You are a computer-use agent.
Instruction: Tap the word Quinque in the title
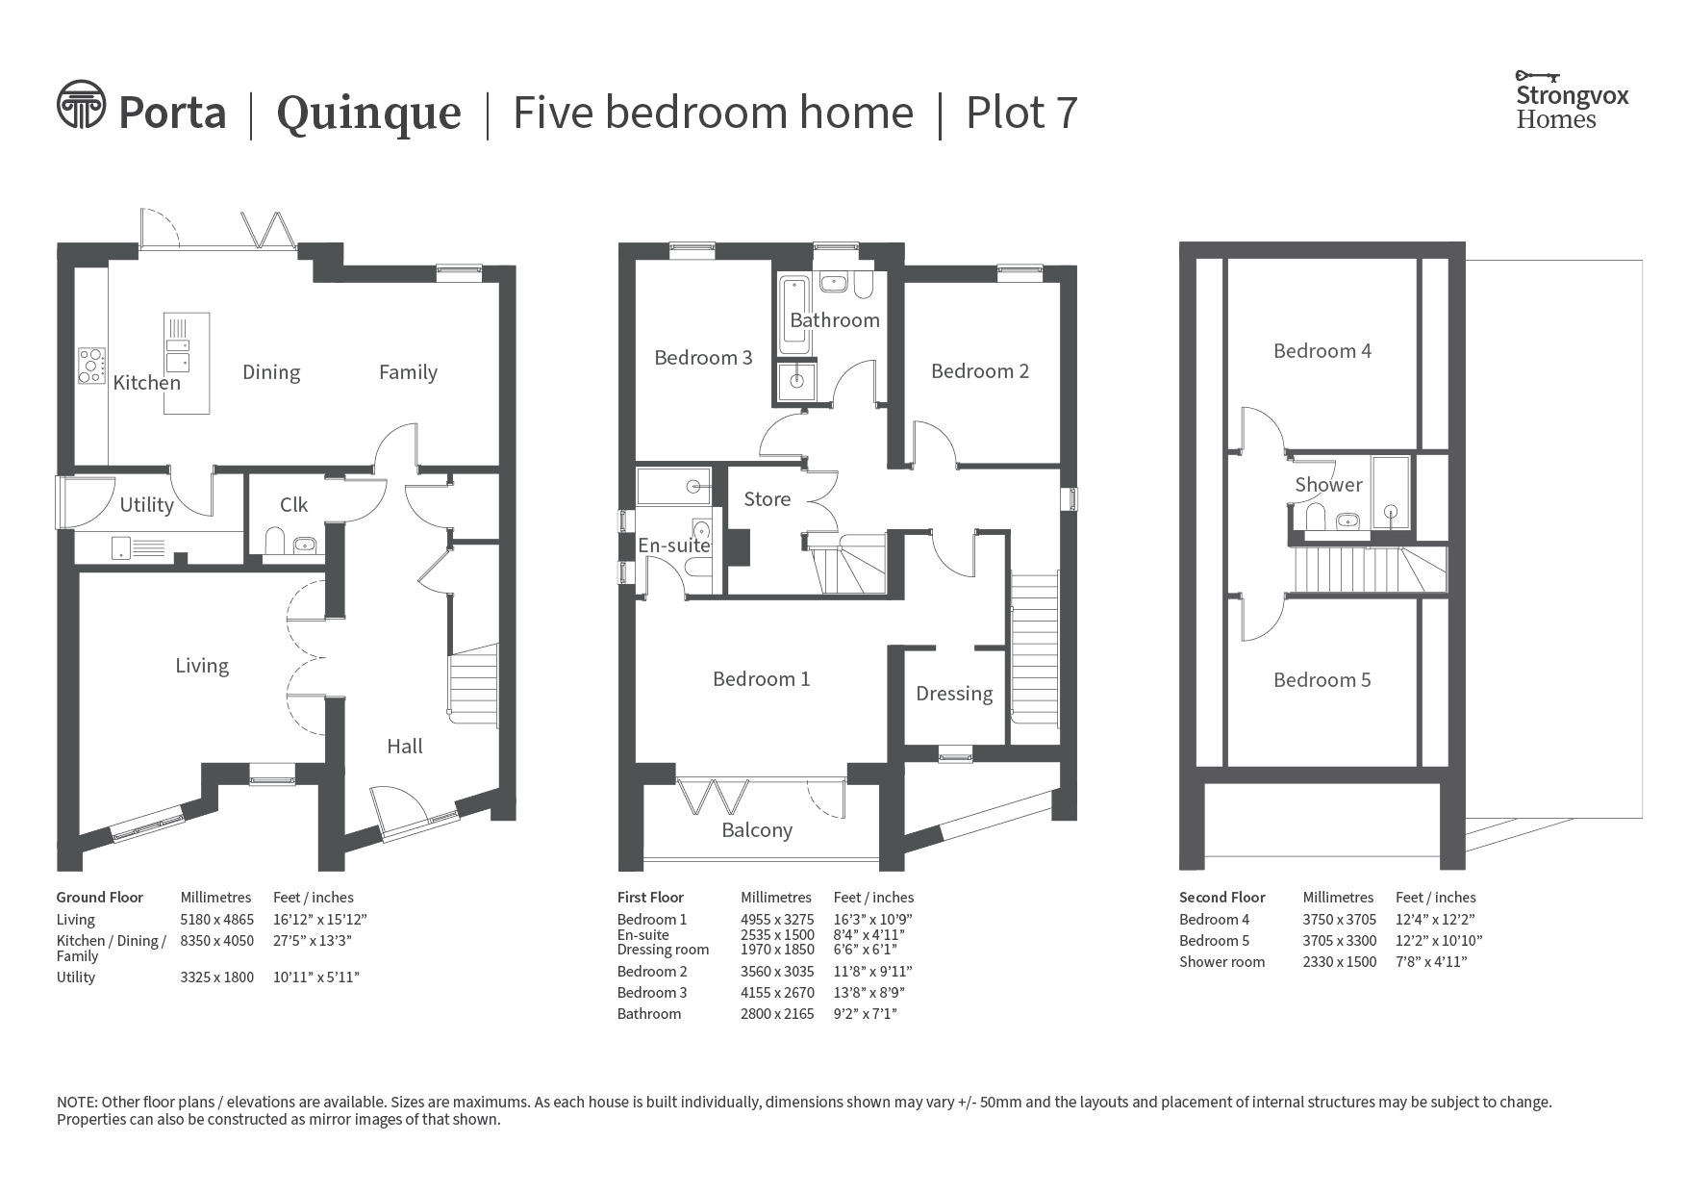point(369,114)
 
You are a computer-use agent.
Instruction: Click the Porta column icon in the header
point(81,104)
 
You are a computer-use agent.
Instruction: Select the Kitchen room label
point(146,383)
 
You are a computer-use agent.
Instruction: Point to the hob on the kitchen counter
point(91,366)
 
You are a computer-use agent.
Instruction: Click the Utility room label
point(146,505)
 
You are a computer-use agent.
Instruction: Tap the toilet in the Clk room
point(273,542)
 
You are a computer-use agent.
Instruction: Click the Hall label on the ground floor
point(405,747)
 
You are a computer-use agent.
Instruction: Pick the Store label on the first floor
point(768,499)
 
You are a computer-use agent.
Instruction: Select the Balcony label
point(757,830)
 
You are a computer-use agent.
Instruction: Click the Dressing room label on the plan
point(954,695)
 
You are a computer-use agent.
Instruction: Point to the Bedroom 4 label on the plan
point(1322,351)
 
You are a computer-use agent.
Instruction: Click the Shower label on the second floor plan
point(1328,485)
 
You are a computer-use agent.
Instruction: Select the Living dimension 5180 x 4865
point(217,920)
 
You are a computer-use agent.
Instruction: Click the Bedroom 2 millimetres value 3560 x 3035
point(777,972)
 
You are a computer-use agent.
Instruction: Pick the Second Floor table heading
point(1222,898)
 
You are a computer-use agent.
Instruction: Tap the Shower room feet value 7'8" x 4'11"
point(1431,962)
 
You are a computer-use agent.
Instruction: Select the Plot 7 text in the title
point(1021,114)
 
